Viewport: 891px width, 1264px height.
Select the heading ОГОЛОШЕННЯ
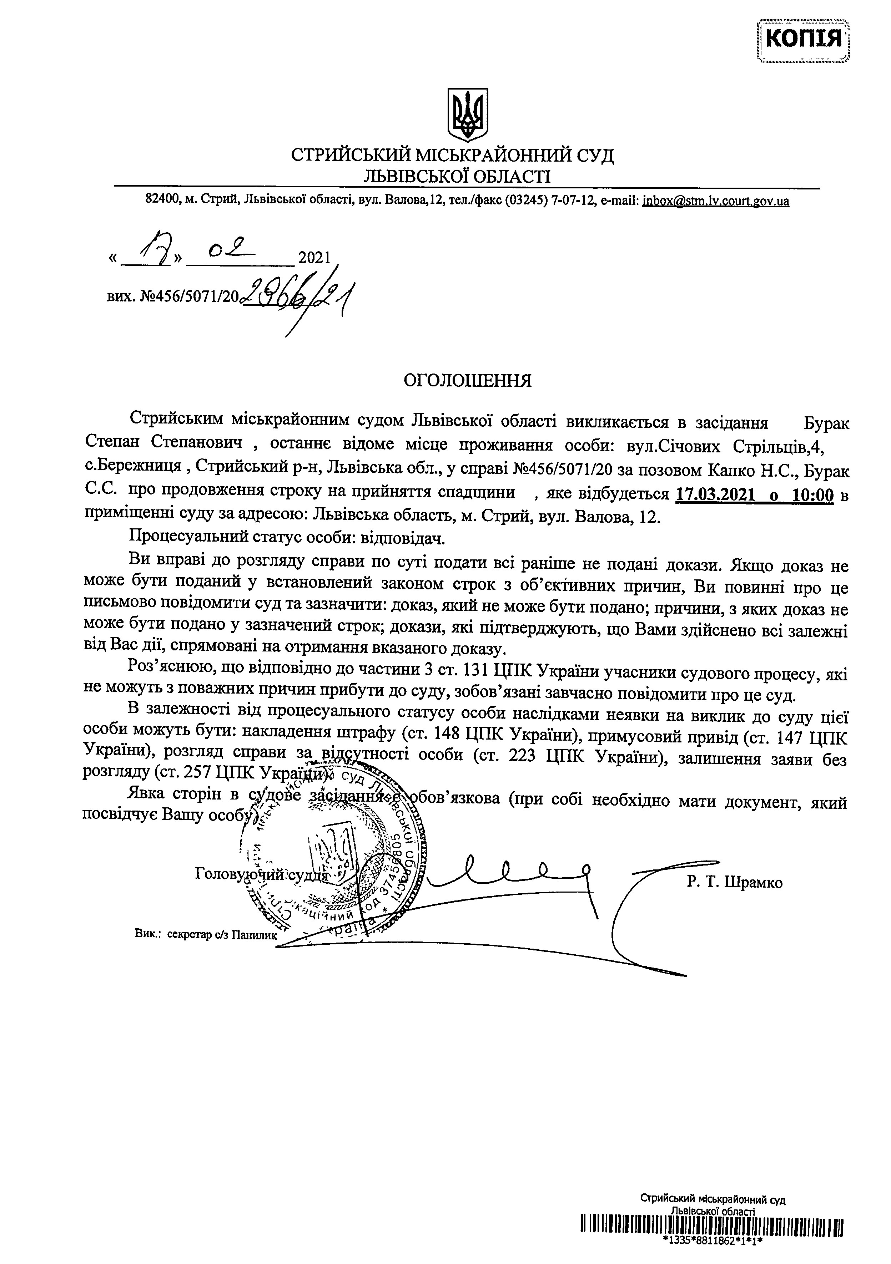(468, 381)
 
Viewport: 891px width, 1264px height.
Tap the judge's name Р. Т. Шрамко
(735, 883)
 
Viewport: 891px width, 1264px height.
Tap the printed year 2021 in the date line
(313, 258)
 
